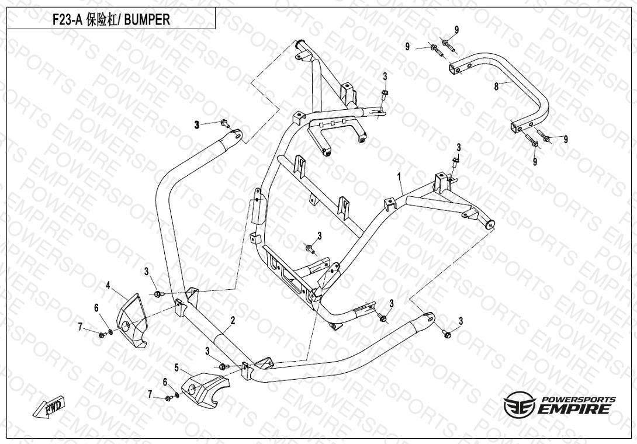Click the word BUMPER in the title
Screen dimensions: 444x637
click(148, 19)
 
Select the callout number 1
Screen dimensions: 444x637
click(399, 175)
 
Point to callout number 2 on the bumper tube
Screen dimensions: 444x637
click(233, 320)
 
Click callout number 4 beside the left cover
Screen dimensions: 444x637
click(108, 285)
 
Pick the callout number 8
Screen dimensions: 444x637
click(496, 86)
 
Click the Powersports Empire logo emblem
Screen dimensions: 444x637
click(520, 403)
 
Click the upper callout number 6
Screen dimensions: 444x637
click(97, 308)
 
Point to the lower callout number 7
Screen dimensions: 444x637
click(150, 394)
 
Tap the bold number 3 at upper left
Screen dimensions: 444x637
click(197, 124)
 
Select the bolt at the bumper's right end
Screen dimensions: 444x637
click(447, 333)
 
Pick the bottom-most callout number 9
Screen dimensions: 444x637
click(535, 162)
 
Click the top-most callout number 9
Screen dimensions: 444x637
click(456, 30)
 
